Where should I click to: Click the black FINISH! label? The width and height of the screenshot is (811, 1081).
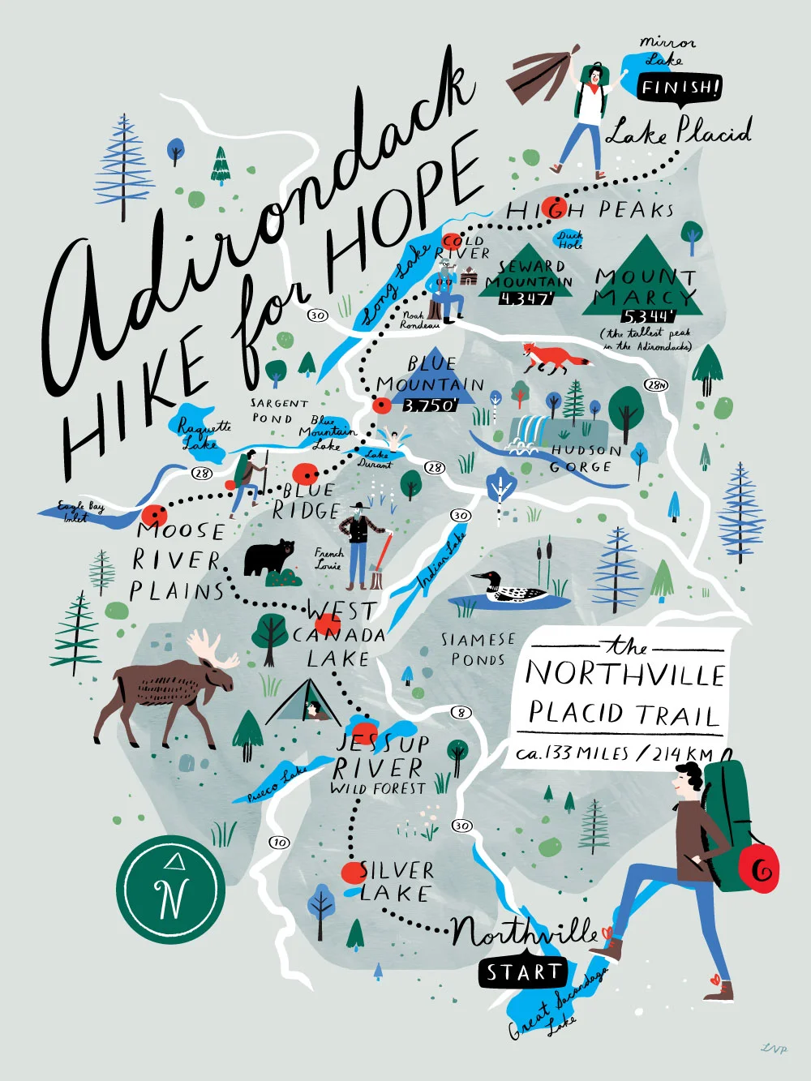pyautogui.click(x=680, y=87)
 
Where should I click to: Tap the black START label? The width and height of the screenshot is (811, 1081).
pyautogui.click(x=523, y=972)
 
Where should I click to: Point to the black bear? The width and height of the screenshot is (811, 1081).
pyautogui.click(x=269, y=557)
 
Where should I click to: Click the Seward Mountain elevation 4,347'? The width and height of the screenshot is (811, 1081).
pyautogui.click(x=526, y=298)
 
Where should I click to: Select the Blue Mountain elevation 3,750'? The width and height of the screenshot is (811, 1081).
pyautogui.click(x=430, y=405)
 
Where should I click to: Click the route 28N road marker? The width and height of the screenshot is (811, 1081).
pyautogui.click(x=655, y=384)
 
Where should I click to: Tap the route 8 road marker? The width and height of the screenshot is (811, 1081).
pyautogui.click(x=461, y=713)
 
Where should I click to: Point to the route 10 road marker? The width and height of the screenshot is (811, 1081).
pyautogui.click(x=280, y=842)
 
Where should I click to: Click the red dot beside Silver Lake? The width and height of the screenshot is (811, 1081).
pyautogui.click(x=353, y=873)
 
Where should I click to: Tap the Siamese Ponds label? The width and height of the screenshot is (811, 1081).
pyautogui.click(x=478, y=650)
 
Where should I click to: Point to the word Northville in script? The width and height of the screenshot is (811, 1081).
pyautogui.click(x=525, y=931)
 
